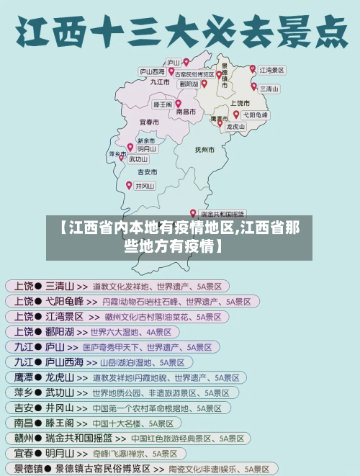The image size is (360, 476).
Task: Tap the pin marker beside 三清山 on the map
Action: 253,85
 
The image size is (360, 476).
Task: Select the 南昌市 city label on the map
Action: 186,112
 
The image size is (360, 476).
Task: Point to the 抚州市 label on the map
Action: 204,150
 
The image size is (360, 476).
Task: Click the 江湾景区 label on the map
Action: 272,71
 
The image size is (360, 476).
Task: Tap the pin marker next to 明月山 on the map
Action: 130,147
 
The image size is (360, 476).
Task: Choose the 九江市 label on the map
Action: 160,82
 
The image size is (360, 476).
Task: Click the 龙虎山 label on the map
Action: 236,126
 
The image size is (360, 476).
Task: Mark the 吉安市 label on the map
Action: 148,172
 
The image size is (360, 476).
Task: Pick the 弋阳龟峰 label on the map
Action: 256,114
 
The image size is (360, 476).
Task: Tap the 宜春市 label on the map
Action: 149,122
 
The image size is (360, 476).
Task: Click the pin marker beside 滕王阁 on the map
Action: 178,103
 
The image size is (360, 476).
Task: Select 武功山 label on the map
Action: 138,159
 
